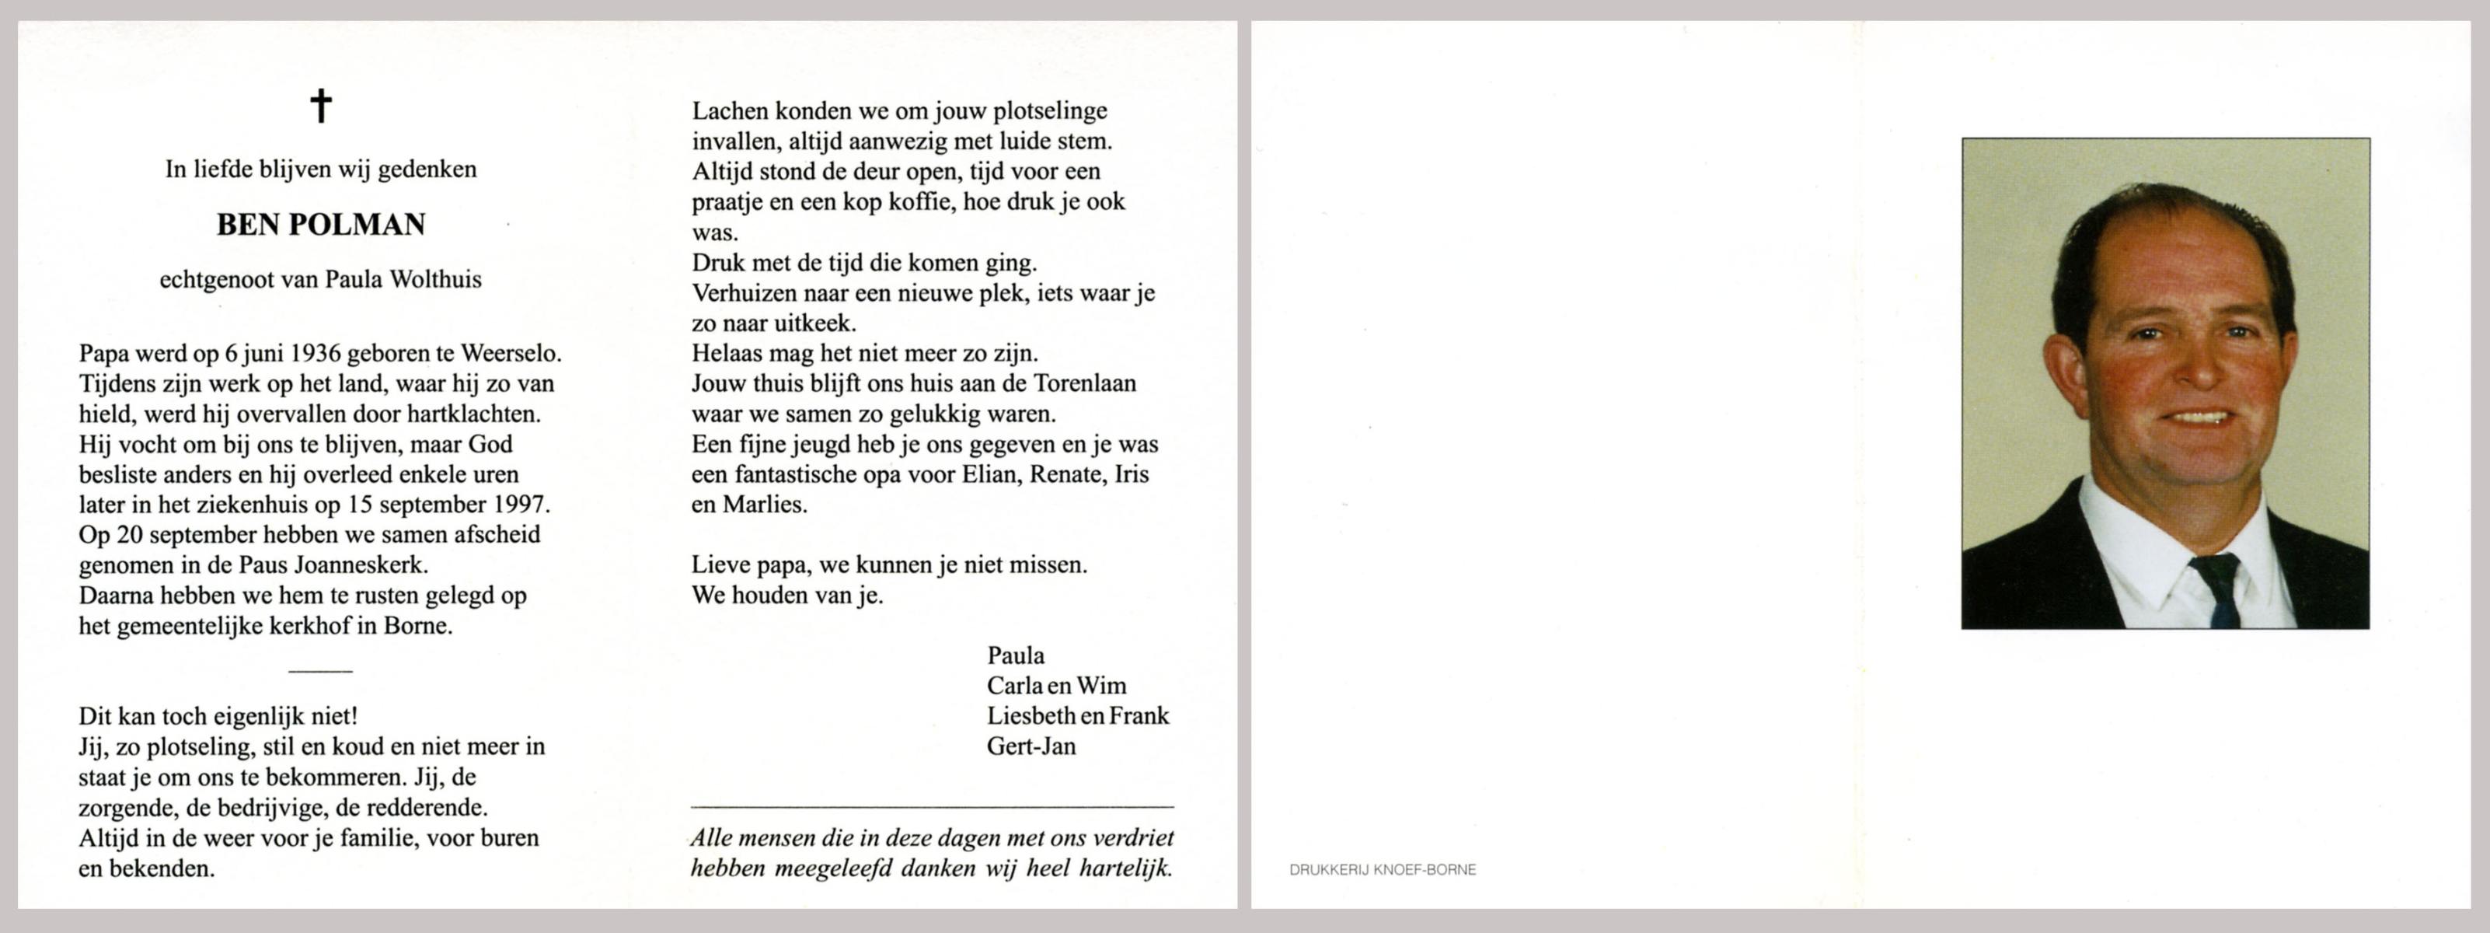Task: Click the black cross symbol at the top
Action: (x=321, y=106)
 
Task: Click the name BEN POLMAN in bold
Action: (x=321, y=224)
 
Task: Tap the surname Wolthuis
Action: (x=435, y=279)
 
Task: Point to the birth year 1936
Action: (x=315, y=354)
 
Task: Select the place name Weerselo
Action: (x=511, y=354)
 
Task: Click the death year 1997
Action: (x=520, y=505)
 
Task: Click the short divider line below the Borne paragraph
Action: (x=321, y=670)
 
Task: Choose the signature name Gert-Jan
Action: (x=1031, y=746)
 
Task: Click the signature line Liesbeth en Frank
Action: (x=1077, y=716)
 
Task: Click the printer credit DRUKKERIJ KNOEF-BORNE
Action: (x=1383, y=870)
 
